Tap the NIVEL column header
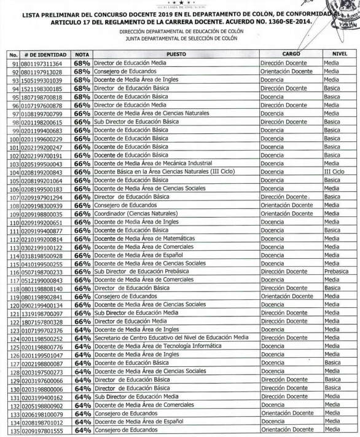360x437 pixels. (340, 53)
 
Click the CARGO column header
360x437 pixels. (291, 53)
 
